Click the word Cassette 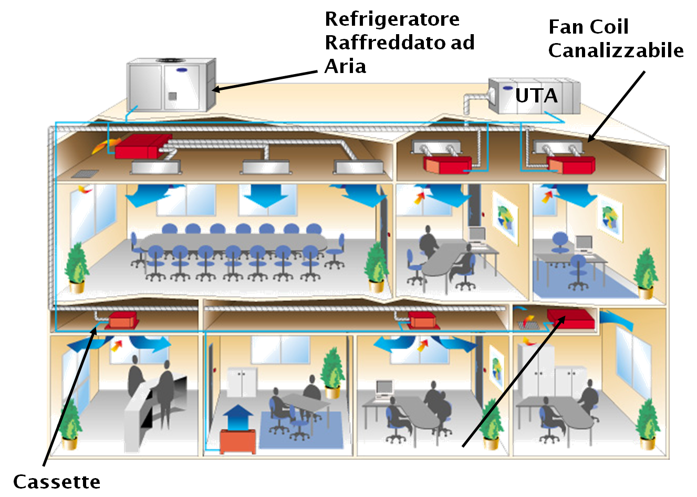pos(56,482)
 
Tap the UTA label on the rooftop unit pos(536,96)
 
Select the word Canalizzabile pos(616,51)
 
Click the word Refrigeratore pos(392,19)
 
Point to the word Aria pos(345,67)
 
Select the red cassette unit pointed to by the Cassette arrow pos(123,319)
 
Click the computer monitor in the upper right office pos(584,243)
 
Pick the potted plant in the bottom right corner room pos(647,423)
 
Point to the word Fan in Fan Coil pos(566,27)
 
